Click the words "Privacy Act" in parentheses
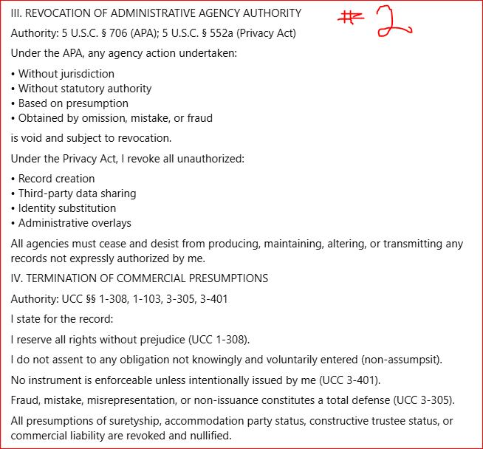[x=264, y=33]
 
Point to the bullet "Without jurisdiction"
[x=66, y=74]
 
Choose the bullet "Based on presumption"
[x=73, y=103]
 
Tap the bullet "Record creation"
[x=57, y=179]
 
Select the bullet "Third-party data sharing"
[x=77, y=193]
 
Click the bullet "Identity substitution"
[x=67, y=208]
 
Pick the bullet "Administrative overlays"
[x=75, y=223]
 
